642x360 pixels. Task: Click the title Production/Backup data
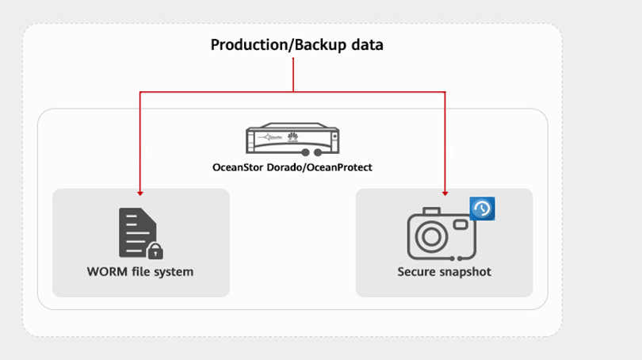pyautogui.click(x=296, y=45)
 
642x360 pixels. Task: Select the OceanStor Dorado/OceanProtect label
pyautogui.click(x=292, y=167)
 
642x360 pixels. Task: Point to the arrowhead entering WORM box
pyautogui.click(x=140, y=192)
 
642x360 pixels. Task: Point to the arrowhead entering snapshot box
pyautogui.click(x=445, y=192)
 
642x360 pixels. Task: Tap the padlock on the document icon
pyautogui.click(x=155, y=251)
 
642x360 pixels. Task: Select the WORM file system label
pyautogui.click(x=140, y=272)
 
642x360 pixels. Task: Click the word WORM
pyautogui.click(x=106, y=272)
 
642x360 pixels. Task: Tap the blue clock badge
pyautogui.click(x=482, y=209)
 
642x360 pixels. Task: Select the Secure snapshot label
pyautogui.click(x=444, y=272)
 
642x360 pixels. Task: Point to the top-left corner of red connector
pyautogui.click(x=140, y=93)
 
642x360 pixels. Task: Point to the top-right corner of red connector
pyautogui.click(x=445, y=93)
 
